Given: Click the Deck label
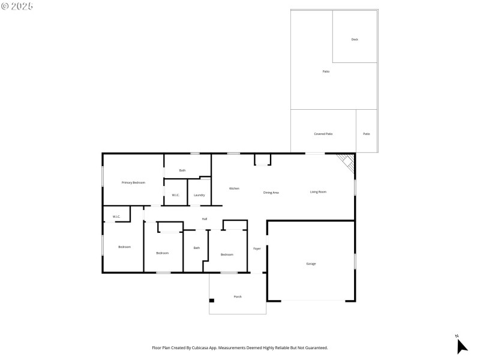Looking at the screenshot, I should click(355, 40).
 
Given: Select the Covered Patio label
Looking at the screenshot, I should click(323, 134).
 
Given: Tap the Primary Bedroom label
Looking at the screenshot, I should click(133, 182).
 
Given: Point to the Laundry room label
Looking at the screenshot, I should click(199, 195).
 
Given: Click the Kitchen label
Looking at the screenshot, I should click(234, 188).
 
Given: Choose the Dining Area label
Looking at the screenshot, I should click(271, 193).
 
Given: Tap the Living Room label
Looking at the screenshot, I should click(318, 192).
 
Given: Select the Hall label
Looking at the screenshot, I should click(205, 219).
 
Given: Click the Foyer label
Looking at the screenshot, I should click(257, 248).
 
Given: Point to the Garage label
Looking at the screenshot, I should click(311, 263).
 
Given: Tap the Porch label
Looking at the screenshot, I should click(238, 296).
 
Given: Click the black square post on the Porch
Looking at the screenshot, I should click(211, 300).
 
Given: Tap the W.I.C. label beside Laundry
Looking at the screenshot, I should click(176, 195).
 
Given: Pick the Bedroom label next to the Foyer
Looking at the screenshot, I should click(227, 254).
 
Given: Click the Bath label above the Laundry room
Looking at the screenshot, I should click(182, 170).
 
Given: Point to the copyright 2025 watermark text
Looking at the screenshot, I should click(17, 6).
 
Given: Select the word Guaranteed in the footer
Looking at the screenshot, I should click(315, 347).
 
